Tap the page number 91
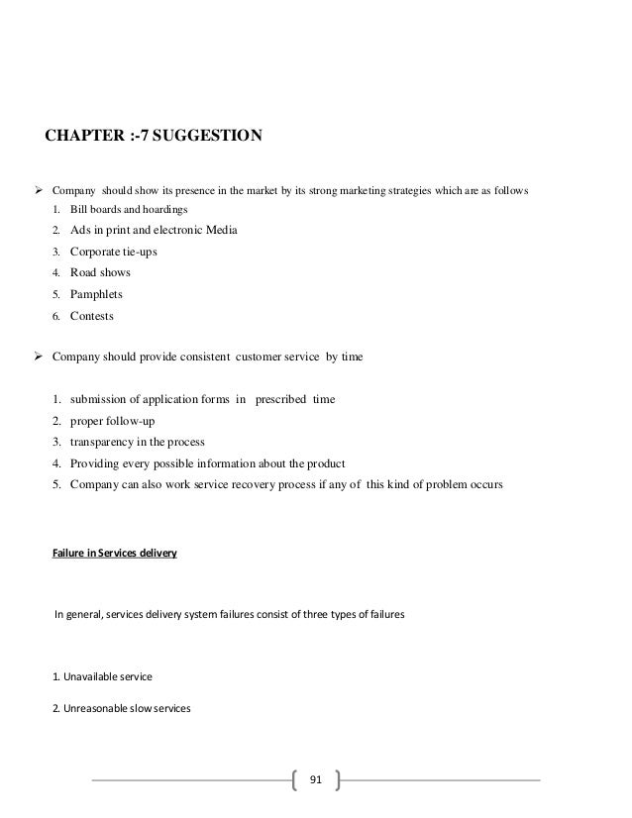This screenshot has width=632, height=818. point(316,779)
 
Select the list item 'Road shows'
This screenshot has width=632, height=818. point(100,272)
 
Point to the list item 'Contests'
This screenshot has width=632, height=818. point(92,316)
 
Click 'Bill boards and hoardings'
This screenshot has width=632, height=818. point(126,209)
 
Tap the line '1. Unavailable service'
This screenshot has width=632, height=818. point(102,677)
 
